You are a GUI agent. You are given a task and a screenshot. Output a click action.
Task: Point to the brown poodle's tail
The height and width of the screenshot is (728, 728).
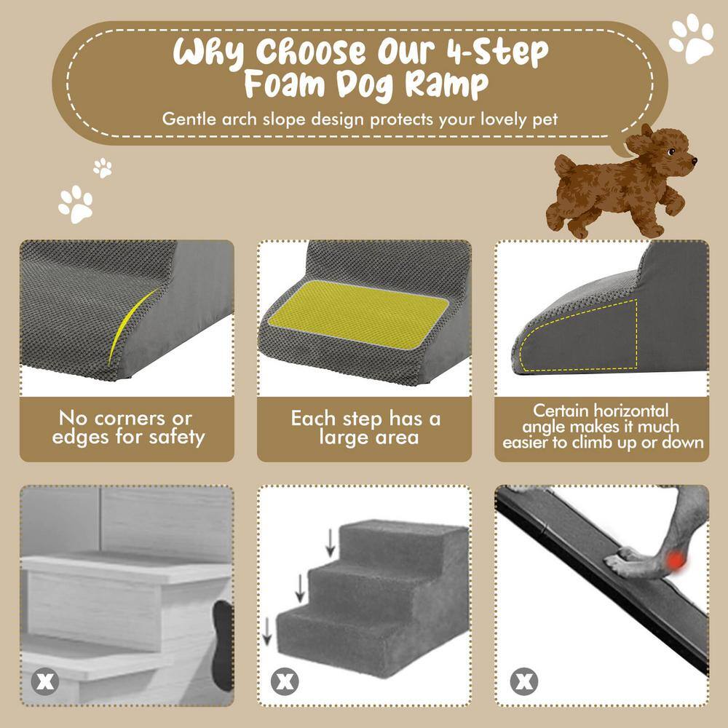(x=564, y=163)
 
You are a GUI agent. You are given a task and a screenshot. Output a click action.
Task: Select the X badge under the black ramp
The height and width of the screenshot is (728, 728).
(x=522, y=682)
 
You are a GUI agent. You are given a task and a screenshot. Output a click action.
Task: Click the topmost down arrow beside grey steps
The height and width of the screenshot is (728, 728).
(x=331, y=540)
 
